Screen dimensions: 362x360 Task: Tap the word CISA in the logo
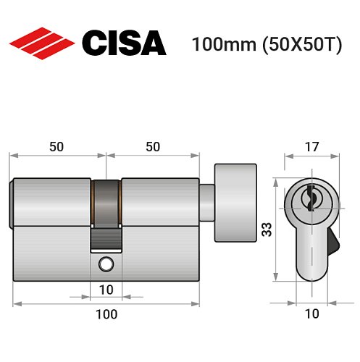123,43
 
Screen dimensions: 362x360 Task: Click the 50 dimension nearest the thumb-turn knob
153,147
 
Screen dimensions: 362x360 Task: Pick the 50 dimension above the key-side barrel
57,147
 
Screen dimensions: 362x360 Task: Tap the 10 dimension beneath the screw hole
106,290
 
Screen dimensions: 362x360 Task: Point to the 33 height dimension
267,231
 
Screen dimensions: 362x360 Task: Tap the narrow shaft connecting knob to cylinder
207,202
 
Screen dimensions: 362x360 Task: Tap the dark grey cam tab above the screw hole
106,237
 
